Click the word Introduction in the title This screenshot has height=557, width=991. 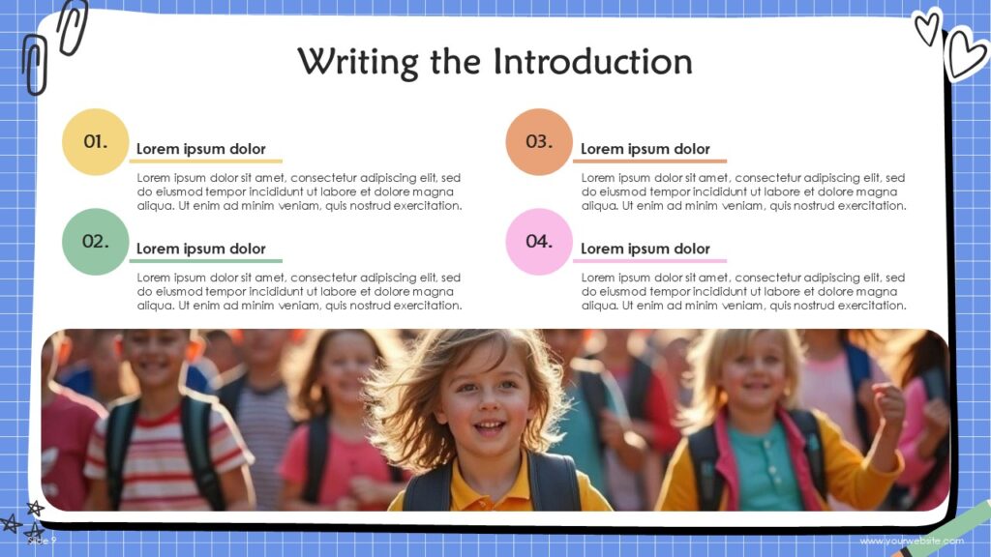click(592, 62)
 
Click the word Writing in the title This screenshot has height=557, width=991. click(356, 62)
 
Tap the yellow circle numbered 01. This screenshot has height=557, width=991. click(95, 142)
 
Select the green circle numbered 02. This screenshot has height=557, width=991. click(95, 242)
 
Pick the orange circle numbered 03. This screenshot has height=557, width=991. click(539, 142)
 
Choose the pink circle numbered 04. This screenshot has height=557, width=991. click(539, 242)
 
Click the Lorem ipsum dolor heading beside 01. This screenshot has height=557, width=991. click(200, 149)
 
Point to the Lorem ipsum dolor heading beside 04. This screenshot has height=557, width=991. click(645, 249)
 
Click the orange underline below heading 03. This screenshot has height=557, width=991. click(649, 161)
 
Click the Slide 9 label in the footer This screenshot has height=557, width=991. click(42, 541)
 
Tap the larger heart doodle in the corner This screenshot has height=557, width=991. click(965, 54)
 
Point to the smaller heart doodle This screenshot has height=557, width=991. click(927, 26)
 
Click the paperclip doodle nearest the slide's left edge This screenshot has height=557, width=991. click(35, 66)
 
